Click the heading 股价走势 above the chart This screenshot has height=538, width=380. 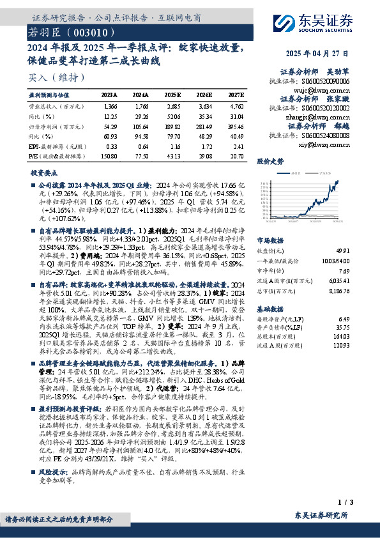tap(270, 162)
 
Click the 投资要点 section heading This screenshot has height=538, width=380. tap(43, 173)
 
